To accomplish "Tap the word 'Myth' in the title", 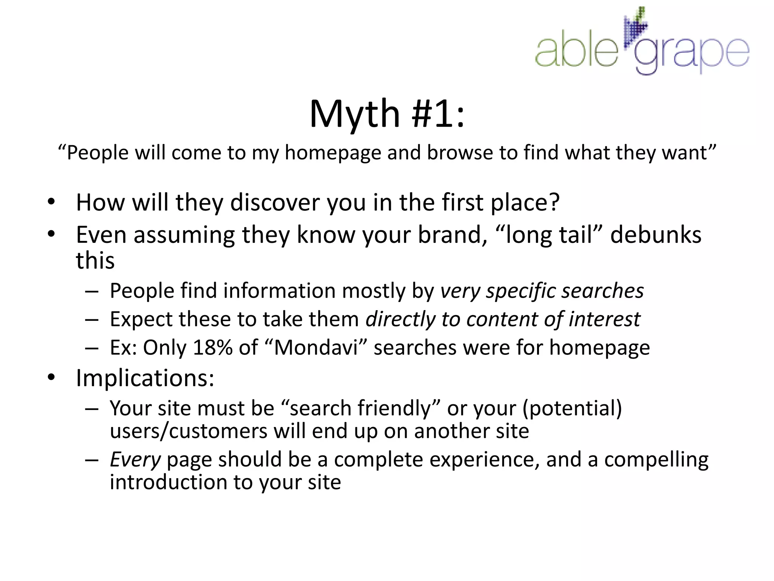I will [x=354, y=114].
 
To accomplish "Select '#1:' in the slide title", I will [x=438, y=114].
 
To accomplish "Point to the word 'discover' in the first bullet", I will [x=275, y=203].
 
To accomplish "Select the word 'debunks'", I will [x=655, y=235].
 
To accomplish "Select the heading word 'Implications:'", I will [x=145, y=378].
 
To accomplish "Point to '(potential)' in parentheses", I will [x=572, y=409].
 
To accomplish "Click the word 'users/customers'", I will [x=189, y=431].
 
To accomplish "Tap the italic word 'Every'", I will [x=135, y=460].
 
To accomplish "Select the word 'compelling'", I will [x=656, y=460].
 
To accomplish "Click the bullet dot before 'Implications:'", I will [x=51, y=377].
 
